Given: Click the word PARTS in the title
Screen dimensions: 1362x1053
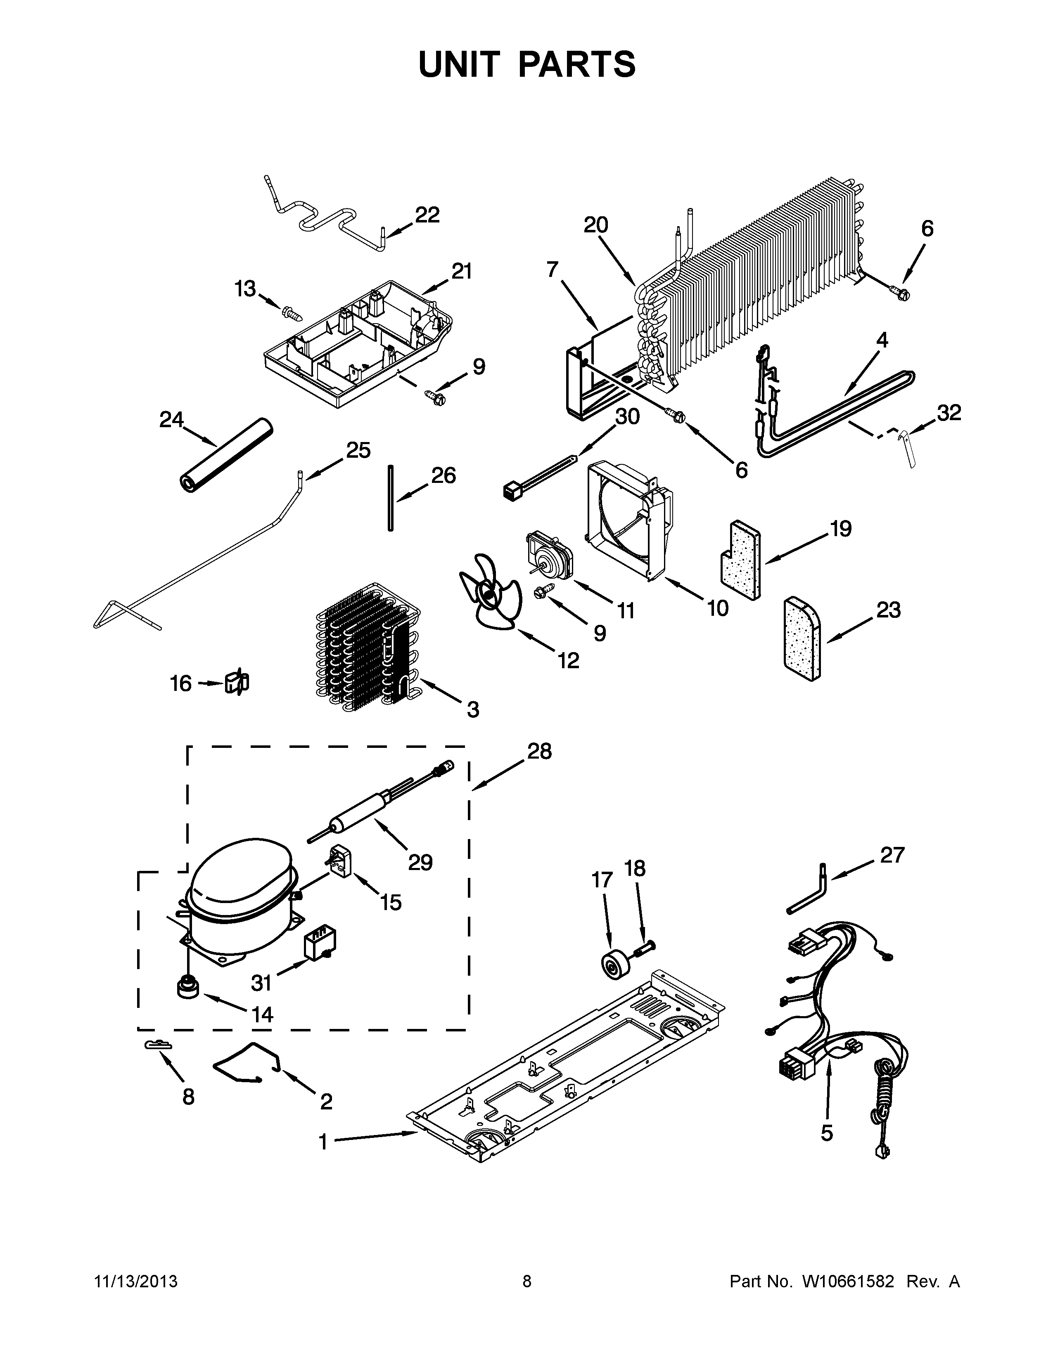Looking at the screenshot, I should click(576, 65).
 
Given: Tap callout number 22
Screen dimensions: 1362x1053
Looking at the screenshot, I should click(427, 215).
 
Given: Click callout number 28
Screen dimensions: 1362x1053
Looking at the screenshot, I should click(539, 752).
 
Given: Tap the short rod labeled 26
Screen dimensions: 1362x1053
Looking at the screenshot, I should click(391, 498).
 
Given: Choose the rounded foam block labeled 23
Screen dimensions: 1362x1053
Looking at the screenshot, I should click(802, 637).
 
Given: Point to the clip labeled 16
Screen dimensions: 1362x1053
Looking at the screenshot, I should click(237, 683).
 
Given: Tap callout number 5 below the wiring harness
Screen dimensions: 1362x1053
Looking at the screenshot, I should click(827, 1133).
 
